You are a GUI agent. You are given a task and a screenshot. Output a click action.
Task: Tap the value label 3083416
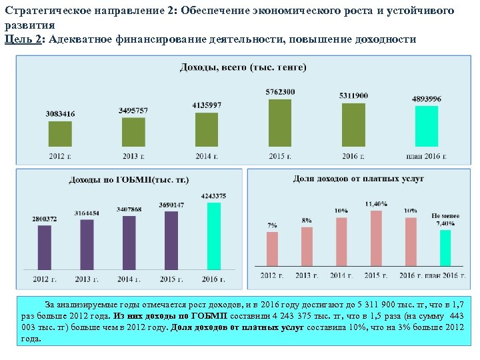click(60, 114)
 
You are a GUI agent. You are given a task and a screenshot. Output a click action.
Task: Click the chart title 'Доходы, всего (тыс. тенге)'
click(243, 67)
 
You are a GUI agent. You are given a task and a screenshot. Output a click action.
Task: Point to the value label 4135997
click(207, 105)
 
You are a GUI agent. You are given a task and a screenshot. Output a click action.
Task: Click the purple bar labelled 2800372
click(45, 247)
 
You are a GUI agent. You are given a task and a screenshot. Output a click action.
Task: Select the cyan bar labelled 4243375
click(213, 236)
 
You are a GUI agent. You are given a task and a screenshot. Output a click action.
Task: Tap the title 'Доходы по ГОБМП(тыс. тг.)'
click(129, 180)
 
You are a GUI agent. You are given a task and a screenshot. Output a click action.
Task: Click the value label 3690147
click(171, 205)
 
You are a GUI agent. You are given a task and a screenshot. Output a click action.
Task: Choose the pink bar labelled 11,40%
click(376, 239)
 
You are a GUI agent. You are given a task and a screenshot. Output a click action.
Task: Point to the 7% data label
click(272, 226)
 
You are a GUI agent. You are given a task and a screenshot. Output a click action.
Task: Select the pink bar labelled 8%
click(307, 247)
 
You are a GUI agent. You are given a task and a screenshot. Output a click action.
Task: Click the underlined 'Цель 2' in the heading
click(22, 39)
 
